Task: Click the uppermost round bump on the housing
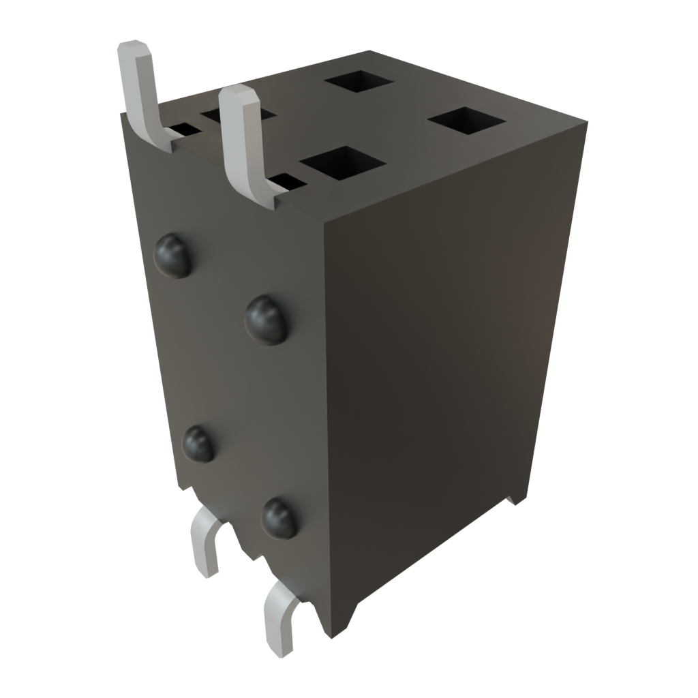point(173,256)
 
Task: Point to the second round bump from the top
point(267,320)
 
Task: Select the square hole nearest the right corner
point(467,121)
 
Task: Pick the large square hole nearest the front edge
point(343,164)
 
